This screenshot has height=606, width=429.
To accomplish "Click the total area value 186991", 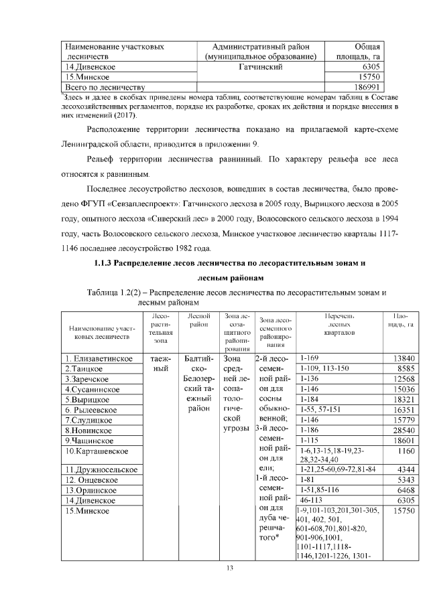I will [367, 87].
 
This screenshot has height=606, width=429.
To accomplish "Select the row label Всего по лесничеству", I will [103, 87].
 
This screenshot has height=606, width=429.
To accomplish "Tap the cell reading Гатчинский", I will [260, 68].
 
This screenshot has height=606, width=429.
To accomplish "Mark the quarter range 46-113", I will [314, 500].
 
